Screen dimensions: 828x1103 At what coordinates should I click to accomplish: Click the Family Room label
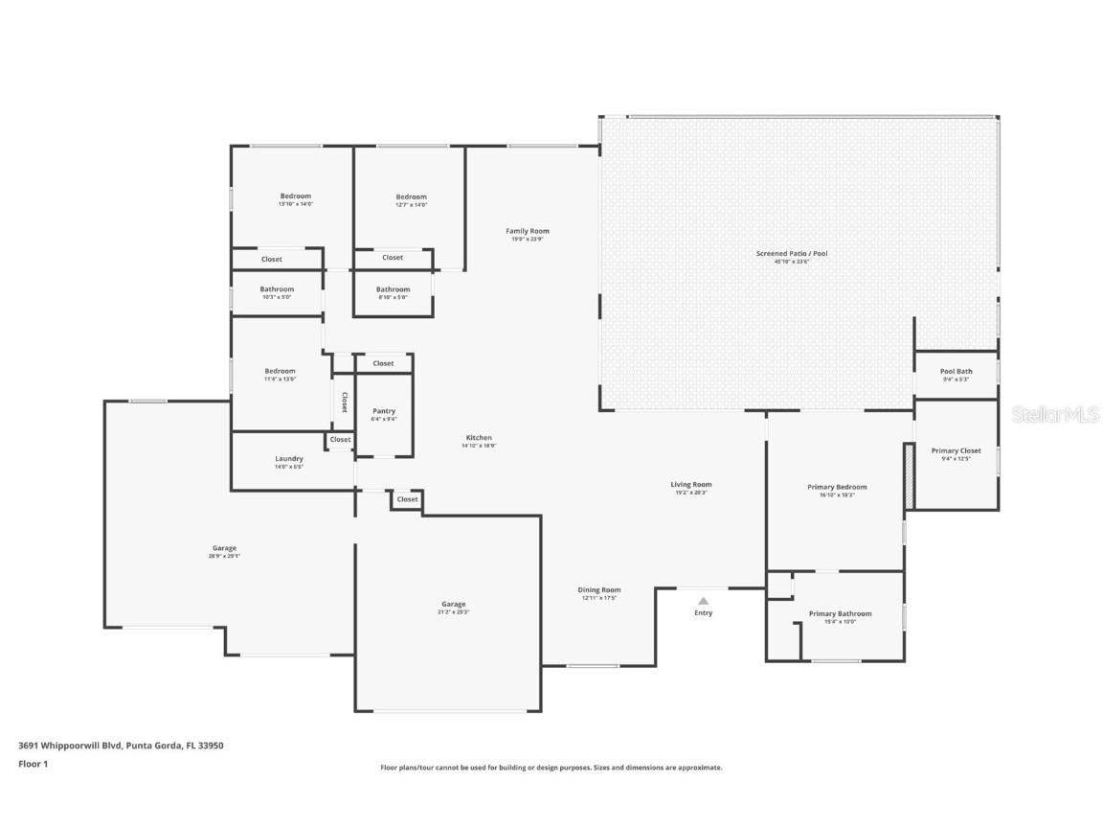(528, 231)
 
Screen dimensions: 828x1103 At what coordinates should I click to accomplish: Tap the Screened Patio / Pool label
(791, 254)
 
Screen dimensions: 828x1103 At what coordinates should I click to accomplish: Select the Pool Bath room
(956, 374)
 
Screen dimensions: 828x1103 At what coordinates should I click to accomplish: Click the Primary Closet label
(956, 450)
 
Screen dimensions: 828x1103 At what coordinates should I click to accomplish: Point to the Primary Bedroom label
(836, 487)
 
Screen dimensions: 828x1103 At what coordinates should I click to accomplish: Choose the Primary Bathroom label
(840, 613)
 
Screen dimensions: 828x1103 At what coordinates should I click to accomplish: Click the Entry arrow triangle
(703, 601)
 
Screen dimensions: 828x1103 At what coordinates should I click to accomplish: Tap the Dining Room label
(598, 590)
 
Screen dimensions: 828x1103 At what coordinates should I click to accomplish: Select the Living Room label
(690, 485)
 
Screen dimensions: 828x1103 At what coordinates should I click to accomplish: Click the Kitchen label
(477, 438)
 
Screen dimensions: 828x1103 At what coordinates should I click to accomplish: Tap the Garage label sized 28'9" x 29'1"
(224, 548)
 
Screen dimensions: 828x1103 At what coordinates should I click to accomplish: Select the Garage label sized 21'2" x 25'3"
(453, 605)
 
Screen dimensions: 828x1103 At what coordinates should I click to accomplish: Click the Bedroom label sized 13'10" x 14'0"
(295, 196)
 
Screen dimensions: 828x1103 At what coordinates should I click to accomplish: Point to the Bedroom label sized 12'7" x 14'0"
(411, 196)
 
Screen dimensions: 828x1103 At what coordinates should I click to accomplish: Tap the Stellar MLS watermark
(1055, 414)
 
